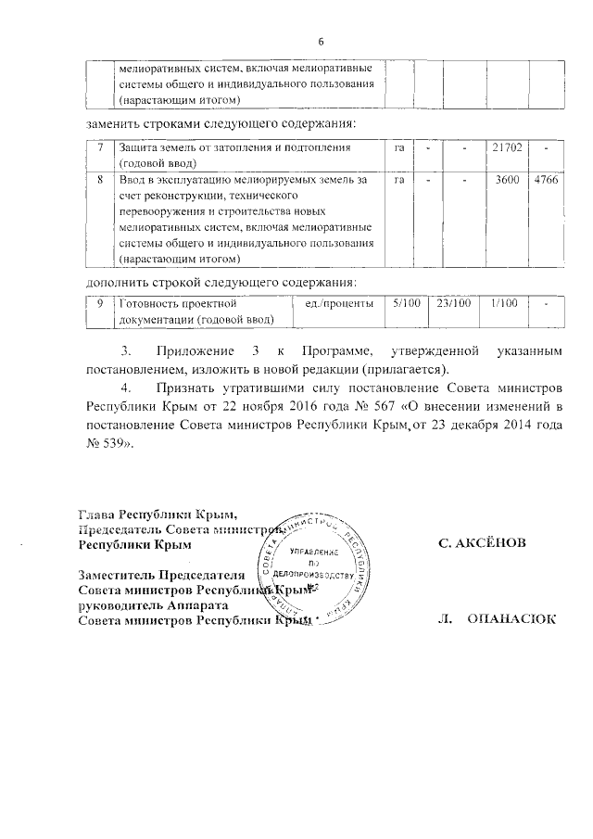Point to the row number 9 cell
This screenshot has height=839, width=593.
point(99,303)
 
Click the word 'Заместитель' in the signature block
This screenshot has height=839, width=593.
point(118,575)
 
